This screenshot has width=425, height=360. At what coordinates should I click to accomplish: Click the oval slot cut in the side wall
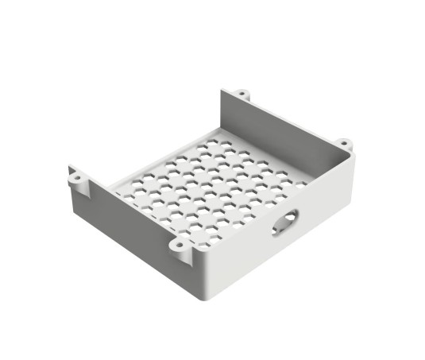(286, 223)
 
